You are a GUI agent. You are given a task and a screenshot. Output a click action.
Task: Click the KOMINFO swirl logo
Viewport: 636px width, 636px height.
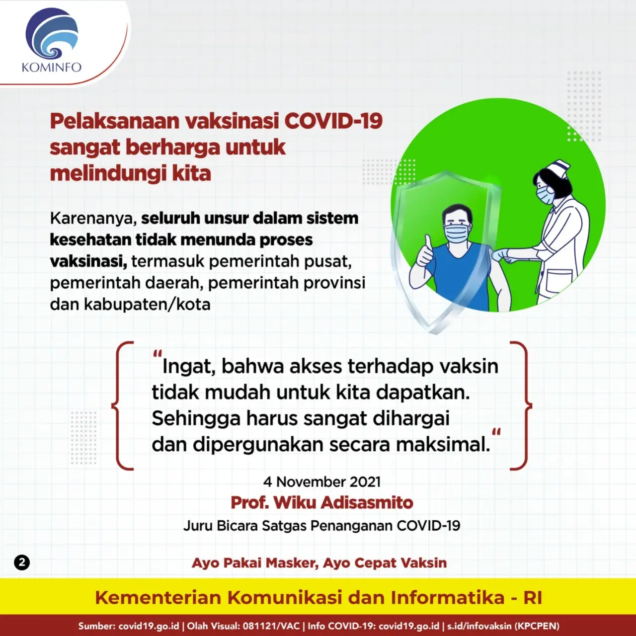coord(52,33)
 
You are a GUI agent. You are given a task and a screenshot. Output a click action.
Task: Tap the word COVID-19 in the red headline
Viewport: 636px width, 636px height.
coord(333,121)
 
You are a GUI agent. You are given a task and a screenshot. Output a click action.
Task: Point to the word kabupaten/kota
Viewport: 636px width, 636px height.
coord(147,304)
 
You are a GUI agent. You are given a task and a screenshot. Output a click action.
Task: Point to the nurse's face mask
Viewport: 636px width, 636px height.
coord(545,194)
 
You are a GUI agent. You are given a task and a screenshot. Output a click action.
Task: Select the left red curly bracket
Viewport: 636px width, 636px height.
coord(123,405)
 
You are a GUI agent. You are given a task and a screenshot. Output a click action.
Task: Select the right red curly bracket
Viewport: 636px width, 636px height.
coord(521,405)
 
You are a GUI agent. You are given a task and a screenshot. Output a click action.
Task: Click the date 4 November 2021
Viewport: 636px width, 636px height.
coord(322,482)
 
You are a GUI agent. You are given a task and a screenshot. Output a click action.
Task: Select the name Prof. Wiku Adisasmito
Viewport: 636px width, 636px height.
coord(322,503)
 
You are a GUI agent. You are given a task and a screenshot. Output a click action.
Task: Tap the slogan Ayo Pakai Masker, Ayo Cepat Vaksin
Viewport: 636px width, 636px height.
coord(319,563)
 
